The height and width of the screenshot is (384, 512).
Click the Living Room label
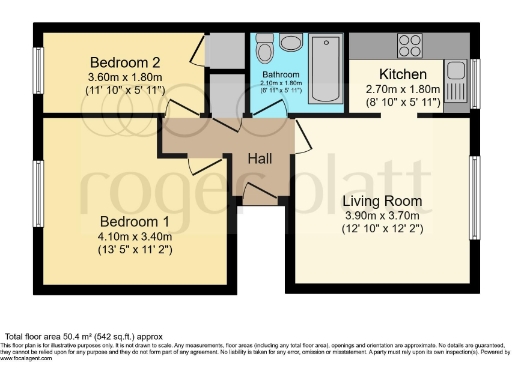(385, 201)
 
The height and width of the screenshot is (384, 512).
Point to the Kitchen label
(403, 75)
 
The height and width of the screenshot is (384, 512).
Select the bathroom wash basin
(291, 43)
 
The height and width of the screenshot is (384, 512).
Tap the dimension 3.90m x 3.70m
(385, 216)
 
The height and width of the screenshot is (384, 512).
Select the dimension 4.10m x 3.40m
(136, 237)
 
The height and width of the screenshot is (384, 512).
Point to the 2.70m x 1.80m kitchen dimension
(403, 89)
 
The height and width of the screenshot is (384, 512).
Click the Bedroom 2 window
(38, 69)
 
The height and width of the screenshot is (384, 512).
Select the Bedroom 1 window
(38, 200)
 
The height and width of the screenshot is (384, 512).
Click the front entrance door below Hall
(261, 196)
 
